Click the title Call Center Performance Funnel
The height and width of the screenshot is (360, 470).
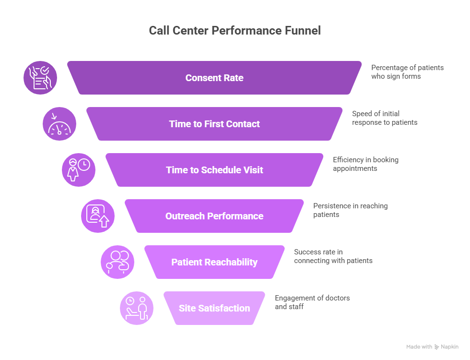click(235, 31)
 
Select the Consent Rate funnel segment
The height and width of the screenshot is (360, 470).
click(214, 78)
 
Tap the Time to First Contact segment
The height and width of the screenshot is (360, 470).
click(214, 124)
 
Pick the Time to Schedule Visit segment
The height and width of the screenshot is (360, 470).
click(214, 170)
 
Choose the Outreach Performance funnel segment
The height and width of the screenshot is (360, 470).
click(214, 216)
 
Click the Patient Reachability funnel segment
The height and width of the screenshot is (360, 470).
click(214, 262)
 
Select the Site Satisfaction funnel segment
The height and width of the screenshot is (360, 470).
click(214, 308)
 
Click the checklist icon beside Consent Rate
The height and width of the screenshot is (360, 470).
click(40, 78)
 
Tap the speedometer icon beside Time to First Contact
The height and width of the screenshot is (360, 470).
click(59, 124)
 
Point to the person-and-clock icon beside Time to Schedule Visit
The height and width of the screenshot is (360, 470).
click(79, 170)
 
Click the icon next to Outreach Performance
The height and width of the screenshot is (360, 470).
click(98, 216)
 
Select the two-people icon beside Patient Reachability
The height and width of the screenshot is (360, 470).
click(117, 262)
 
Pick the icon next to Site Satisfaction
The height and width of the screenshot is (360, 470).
click(137, 308)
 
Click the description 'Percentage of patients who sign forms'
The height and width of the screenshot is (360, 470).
click(407, 72)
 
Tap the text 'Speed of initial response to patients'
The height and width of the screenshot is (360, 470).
click(385, 118)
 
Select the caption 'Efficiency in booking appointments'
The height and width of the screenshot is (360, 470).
click(365, 164)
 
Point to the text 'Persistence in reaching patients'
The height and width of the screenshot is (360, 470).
click(350, 210)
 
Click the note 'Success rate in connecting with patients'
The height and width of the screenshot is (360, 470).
click(333, 256)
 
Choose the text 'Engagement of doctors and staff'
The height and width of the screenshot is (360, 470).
click(312, 302)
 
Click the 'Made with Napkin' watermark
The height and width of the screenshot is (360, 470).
click(432, 347)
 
